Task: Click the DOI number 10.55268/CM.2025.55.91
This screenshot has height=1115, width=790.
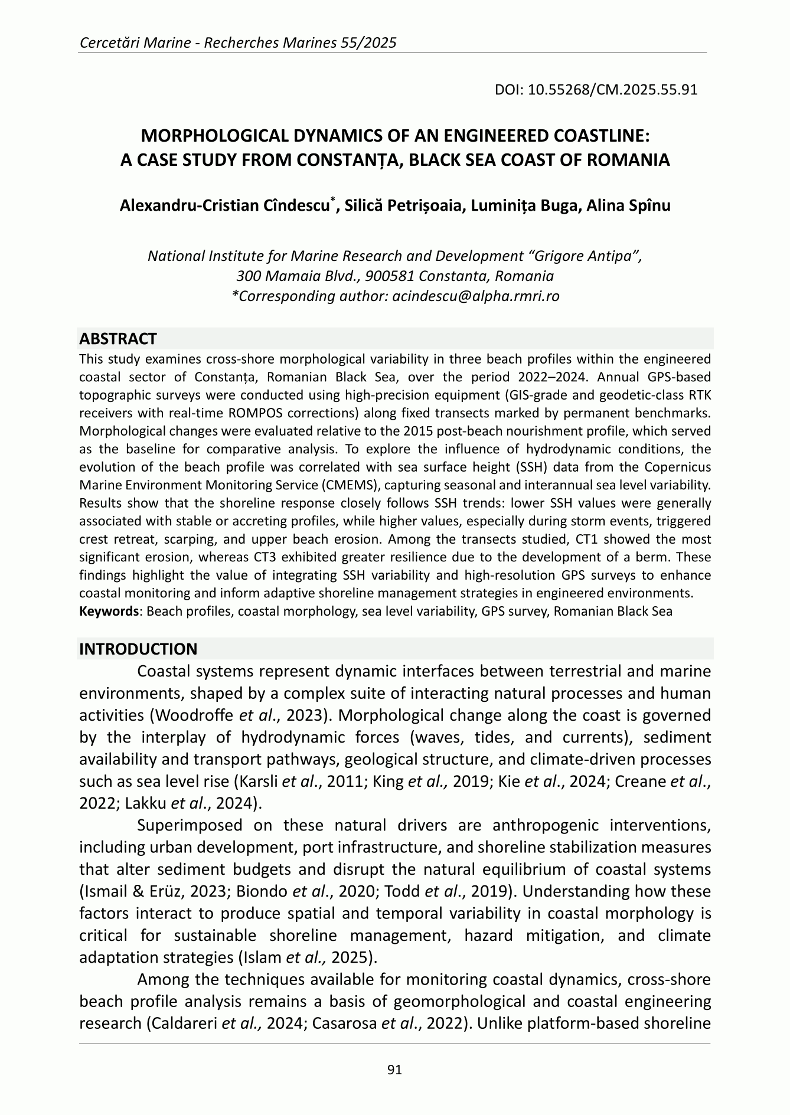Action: click(x=613, y=90)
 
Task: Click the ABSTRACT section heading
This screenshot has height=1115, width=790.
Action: click(x=117, y=339)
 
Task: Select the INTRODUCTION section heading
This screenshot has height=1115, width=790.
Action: click(x=138, y=649)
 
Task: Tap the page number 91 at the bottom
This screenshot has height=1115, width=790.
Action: click(x=394, y=1069)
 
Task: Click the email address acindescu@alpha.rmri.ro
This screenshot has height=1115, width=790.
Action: click(x=475, y=296)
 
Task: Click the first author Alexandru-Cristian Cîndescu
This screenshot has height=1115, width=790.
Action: click(x=224, y=206)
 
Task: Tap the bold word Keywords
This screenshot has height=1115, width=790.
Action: click(x=109, y=611)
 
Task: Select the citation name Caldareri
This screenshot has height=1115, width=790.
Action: click(x=182, y=1023)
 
